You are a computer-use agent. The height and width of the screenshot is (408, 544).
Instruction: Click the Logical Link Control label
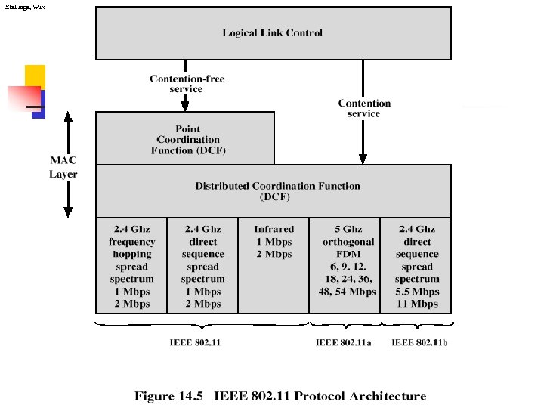pyautogui.click(x=272, y=32)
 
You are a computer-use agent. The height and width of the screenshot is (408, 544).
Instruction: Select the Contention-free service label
pyautogui.click(x=187, y=84)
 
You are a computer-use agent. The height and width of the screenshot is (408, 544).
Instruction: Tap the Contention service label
pyautogui.click(x=364, y=108)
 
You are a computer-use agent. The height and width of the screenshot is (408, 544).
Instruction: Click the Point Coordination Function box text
pyautogui.click(x=188, y=140)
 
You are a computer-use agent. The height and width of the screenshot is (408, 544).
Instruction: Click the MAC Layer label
pyautogui.click(x=63, y=167)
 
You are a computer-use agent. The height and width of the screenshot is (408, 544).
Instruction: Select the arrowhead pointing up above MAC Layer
pyautogui.click(x=68, y=118)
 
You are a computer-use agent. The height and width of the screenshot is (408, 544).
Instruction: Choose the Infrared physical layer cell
pyautogui.click(x=274, y=242)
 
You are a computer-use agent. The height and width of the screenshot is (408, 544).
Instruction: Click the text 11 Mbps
pyautogui.click(x=417, y=304)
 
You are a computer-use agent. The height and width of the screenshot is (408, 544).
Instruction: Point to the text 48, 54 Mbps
pyautogui.click(x=345, y=292)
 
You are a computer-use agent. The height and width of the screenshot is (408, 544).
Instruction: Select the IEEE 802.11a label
pyautogui.click(x=344, y=343)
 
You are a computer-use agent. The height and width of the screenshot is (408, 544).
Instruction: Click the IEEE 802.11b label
pyautogui.click(x=419, y=343)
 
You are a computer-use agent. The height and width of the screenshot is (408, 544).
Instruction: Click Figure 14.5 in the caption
pyautogui.click(x=170, y=396)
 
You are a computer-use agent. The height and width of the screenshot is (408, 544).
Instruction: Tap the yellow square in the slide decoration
pyautogui.click(x=35, y=76)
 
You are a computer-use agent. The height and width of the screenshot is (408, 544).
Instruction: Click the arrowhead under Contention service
pyautogui.click(x=363, y=159)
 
